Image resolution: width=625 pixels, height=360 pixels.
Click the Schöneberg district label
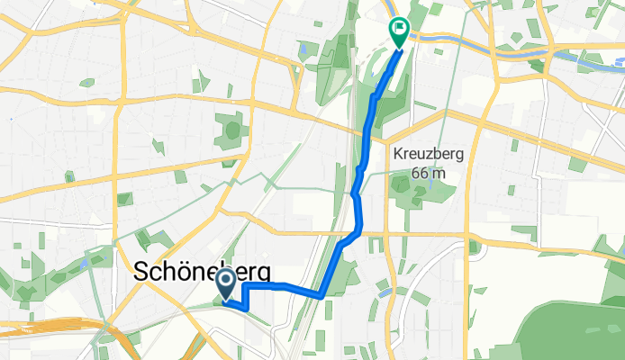click(202, 273)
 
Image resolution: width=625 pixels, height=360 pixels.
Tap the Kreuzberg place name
click(429, 153)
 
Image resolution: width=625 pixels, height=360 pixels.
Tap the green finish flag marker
click(398, 29)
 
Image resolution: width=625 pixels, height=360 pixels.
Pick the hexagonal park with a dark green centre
click(232, 130)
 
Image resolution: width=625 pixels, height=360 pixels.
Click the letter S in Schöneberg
click(142, 273)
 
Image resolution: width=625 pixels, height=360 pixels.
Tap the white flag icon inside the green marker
click(398, 27)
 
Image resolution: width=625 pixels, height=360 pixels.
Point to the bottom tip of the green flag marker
click(398, 44)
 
